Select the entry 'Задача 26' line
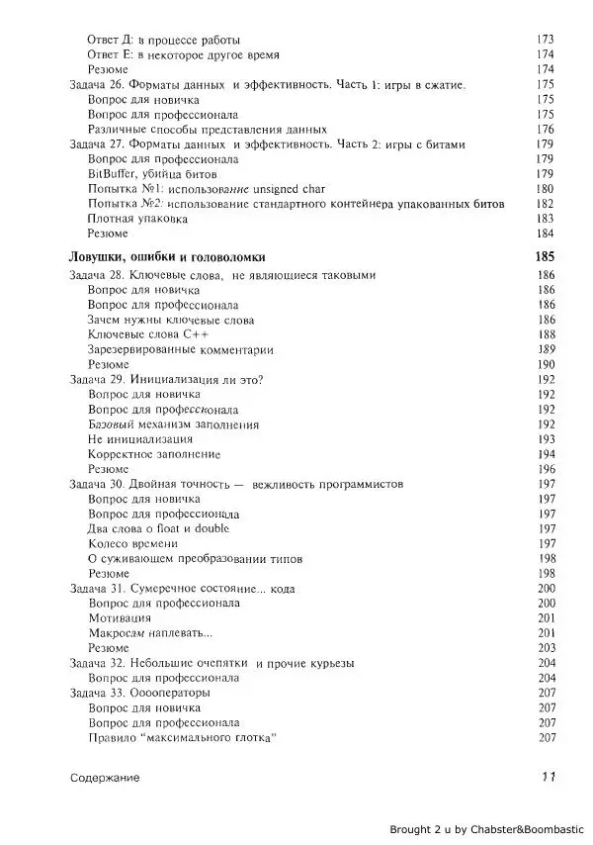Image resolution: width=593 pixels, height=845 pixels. (x=267, y=86)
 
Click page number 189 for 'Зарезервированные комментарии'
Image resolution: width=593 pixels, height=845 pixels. (x=545, y=349)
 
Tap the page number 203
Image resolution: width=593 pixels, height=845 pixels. (x=545, y=647)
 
